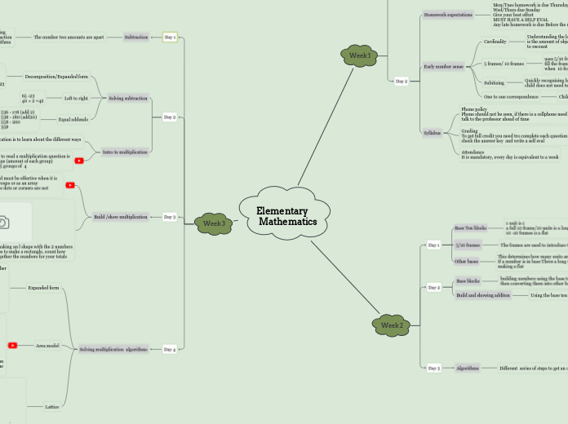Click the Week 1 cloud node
coord(360,55)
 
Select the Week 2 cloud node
coord(392,325)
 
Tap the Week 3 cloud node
coord(214,223)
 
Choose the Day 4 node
coord(169,349)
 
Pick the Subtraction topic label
coord(136,38)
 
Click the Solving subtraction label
coord(128,98)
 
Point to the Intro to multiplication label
coord(125,151)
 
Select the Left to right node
coord(75,98)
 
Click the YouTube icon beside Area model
coord(12,346)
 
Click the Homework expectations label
coord(447,15)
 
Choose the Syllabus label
coord(433,132)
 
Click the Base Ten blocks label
coord(469,228)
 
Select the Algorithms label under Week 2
coord(468,368)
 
